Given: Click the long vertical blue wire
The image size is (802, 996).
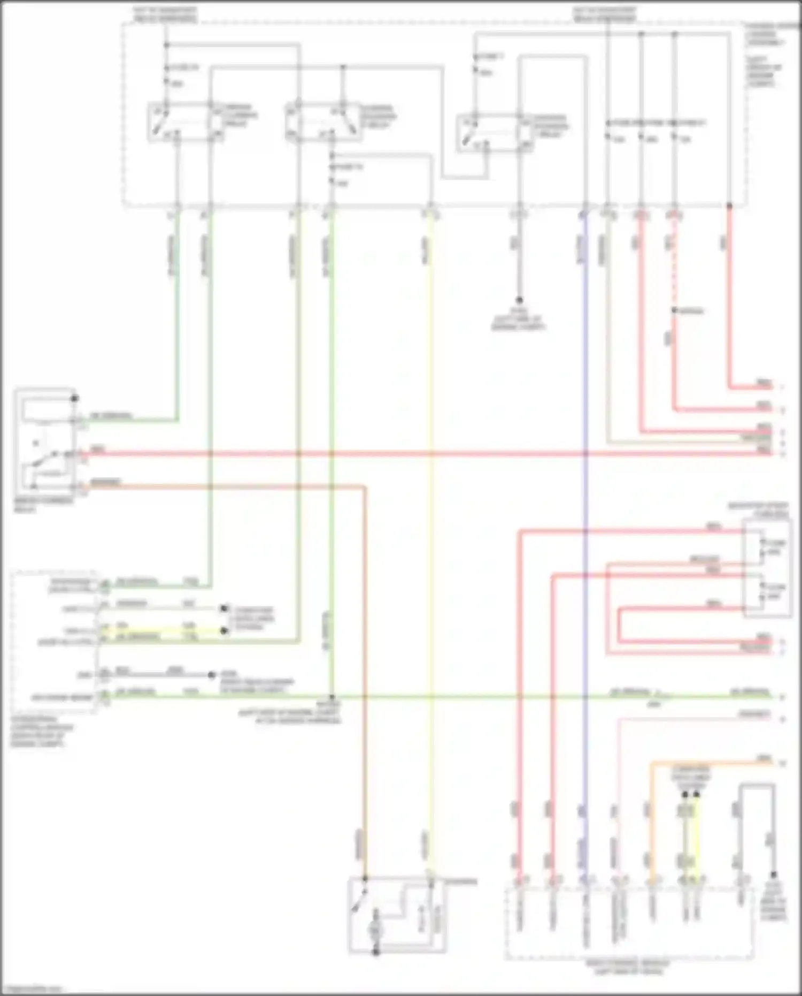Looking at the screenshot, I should [x=585, y=535].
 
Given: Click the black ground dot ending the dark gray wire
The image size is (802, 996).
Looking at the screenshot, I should [x=519, y=300].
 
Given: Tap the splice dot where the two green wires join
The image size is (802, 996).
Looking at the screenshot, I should [x=331, y=697].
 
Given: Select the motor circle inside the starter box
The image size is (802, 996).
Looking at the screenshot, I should [x=375, y=931].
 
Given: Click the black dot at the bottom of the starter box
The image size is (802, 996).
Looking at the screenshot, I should [x=375, y=952].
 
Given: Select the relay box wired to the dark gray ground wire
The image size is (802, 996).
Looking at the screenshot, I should [x=495, y=132].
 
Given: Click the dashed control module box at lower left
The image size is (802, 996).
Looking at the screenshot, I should [x=53, y=642].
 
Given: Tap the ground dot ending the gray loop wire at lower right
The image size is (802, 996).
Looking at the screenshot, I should [x=773, y=875].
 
